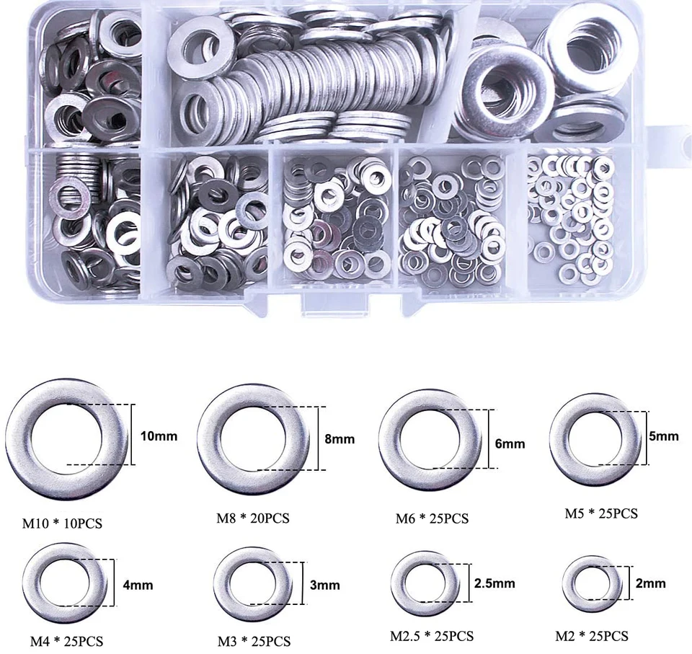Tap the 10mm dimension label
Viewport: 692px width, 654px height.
[159, 436]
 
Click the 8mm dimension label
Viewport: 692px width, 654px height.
[339, 439]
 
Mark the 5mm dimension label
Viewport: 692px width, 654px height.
[664, 436]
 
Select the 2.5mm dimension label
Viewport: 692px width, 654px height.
[494, 583]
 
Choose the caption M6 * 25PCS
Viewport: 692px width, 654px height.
[432, 518]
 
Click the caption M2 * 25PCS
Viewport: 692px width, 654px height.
[591, 636]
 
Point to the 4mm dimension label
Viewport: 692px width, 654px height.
[139, 585]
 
